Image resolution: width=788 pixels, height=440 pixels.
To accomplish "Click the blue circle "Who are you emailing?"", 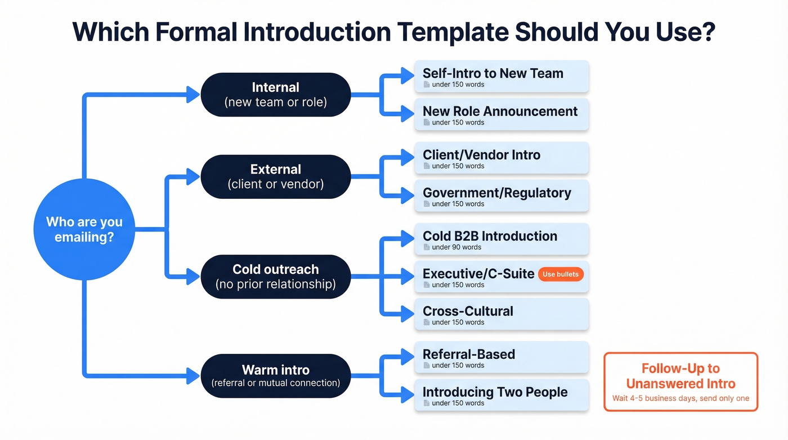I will click(x=84, y=229).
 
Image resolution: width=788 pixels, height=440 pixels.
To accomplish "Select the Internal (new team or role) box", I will click(x=275, y=95).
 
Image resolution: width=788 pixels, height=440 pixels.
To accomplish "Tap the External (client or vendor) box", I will click(x=275, y=176).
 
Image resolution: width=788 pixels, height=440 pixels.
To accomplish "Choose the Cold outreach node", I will click(x=275, y=276).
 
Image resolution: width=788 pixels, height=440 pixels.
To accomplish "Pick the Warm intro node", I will click(x=275, y=376).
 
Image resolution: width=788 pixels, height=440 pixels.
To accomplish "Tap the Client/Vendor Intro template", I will click(x=501, y=158).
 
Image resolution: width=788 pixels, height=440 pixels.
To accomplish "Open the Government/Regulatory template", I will click(x=501, y=196).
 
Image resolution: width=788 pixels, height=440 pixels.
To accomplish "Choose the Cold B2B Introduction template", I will click(x=501, y=239).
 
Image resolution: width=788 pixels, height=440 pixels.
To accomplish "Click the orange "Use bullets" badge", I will click(x=560, y=274).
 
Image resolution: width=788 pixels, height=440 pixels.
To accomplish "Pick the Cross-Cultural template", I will click(x=501, y=314).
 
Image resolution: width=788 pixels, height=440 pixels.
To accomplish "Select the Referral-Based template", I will click(x=501, y=358).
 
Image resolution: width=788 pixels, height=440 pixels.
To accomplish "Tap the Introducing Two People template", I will click(x=501, y=395).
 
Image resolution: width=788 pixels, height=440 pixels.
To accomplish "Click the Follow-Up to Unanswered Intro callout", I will click(x=680, y=382).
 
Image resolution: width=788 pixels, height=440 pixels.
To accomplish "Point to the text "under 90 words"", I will click(x=456, y=247).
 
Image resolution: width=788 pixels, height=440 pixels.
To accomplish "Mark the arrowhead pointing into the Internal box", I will click(x=192, y=95).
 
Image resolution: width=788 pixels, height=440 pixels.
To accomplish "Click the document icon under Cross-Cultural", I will click(x=427, y=322).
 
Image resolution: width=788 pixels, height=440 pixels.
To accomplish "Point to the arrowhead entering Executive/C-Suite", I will click(x=408, y=276).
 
